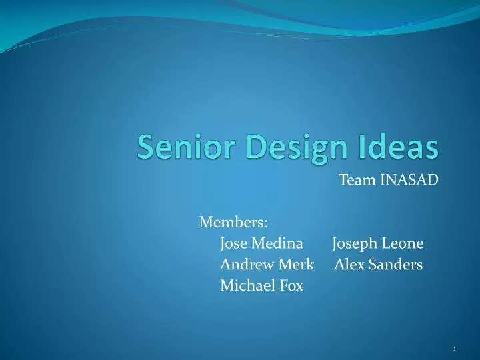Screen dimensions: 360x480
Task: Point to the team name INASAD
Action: coord(409,180)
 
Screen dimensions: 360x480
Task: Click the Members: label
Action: coord(233,221)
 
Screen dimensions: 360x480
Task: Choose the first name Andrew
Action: coord(243,265)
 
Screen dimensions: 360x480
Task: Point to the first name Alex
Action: coord(347,265)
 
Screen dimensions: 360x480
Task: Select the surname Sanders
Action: coord(394,265)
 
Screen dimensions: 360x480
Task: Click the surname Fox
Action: coord(292,286)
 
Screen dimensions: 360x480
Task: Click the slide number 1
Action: coord(454,349)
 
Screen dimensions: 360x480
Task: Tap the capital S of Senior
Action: coord(145,147)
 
